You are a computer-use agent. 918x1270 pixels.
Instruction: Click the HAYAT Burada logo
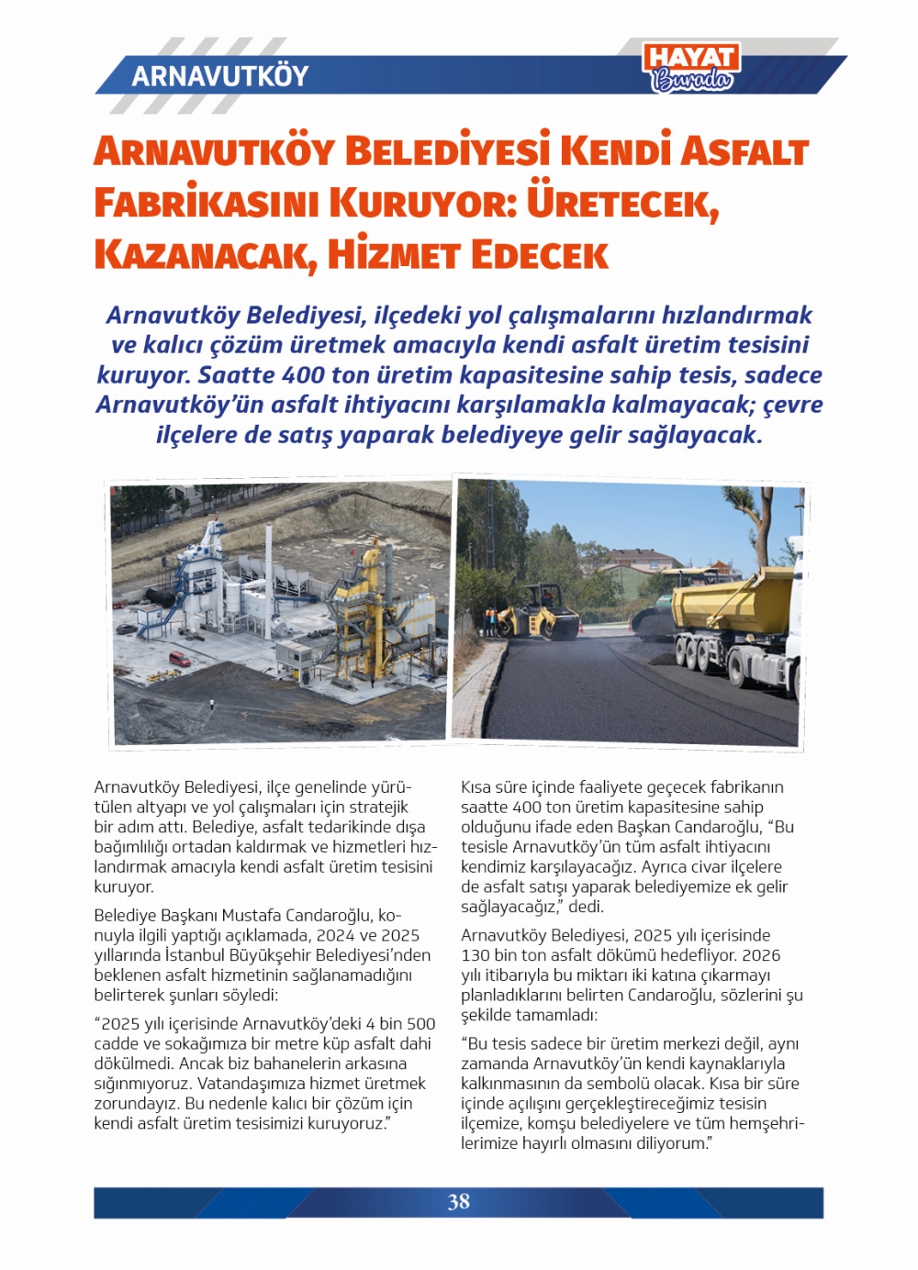[691, 68]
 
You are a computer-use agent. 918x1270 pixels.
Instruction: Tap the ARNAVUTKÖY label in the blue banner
[220, 75]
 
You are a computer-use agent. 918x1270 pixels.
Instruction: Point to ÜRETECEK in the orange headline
[621, 203]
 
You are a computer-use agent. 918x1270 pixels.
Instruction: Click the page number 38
[458, 1202]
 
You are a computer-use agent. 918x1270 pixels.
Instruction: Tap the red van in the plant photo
[180, 659]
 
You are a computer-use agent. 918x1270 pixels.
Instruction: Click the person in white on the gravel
[212, 704]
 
